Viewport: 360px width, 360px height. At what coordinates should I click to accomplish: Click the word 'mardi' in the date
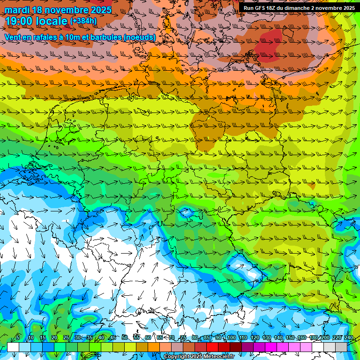click(17, 10)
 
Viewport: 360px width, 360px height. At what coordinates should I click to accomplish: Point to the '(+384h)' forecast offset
click(83, 21)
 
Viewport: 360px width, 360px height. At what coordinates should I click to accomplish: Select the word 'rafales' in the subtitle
click(55, 37)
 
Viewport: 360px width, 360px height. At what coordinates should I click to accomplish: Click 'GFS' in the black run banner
click(262, 7)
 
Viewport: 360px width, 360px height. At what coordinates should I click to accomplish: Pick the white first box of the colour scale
click(13, 347)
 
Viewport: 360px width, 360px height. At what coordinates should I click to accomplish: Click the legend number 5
click(18, 338)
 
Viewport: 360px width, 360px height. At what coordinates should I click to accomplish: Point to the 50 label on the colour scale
click(125, 338)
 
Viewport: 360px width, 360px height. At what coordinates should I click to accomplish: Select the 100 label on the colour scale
click(231, 338)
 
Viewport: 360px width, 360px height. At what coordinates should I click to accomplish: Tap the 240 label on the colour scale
click(349, 338)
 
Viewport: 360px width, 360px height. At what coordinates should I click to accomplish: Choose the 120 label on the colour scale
click(255, 338)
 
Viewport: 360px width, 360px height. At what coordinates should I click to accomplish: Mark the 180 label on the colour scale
click(314, 338)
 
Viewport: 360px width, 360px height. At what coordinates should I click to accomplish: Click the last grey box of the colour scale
click(341, 347)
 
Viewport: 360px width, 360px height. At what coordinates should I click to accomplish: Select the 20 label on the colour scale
click(54, 338)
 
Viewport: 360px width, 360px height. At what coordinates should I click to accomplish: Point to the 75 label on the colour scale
click(183, 338)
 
